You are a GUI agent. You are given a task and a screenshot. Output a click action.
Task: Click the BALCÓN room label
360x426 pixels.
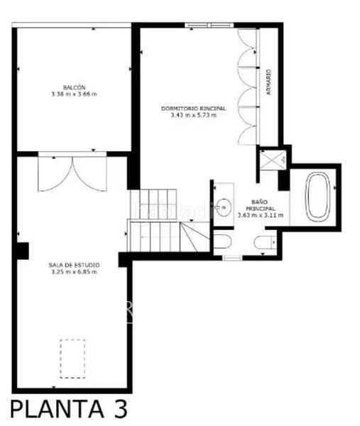click(x=74, y=87)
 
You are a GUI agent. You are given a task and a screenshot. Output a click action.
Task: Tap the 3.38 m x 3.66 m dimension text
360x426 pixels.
click(x=74, y=94)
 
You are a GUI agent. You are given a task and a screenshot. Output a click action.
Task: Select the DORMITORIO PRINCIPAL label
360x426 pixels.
click(x=193, y=109)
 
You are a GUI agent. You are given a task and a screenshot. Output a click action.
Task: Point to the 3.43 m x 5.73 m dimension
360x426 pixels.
click(x=193, y=115)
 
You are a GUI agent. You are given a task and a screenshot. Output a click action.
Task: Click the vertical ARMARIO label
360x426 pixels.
click(x=268, y=82)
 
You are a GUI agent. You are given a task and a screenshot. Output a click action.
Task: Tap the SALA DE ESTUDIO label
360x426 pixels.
click(x=74, y=265)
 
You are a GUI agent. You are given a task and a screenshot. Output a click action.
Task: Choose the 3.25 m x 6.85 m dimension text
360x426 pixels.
click(x=74, y=272)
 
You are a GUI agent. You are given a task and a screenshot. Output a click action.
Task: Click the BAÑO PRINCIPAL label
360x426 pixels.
click(x=260, y=205)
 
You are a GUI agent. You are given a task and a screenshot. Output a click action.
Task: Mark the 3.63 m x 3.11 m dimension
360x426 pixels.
click(x=261, y=215)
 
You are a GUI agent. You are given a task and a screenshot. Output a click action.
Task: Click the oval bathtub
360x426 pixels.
click(x=317, y=196)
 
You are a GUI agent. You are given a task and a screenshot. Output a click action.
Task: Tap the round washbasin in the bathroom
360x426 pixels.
click(x=224, y=207)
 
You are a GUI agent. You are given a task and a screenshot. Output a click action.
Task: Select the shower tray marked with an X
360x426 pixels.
click(x=273, y=160)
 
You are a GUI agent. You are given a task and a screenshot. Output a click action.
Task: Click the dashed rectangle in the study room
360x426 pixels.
click(x=72, y=359)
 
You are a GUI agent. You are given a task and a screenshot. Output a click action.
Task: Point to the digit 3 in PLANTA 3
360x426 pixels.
click(x=119, y=409)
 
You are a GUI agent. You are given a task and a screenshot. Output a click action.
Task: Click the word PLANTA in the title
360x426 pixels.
click(x=57, y=409)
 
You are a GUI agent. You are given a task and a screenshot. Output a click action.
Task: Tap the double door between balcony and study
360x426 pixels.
click(x=72, y=172)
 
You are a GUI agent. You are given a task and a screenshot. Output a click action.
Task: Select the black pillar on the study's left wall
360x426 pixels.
click(x=23, y=251)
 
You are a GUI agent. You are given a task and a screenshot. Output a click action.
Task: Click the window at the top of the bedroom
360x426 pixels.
click(x=209, y=26)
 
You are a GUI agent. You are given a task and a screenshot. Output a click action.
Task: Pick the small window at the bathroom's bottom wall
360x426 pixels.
click(x=232, y=258)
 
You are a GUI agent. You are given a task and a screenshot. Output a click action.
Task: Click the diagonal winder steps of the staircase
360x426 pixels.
click(x=195, y=237)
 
